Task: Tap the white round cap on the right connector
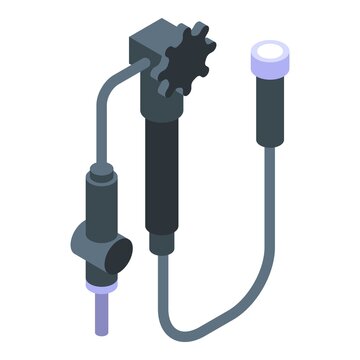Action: click(x=269, y=51)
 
